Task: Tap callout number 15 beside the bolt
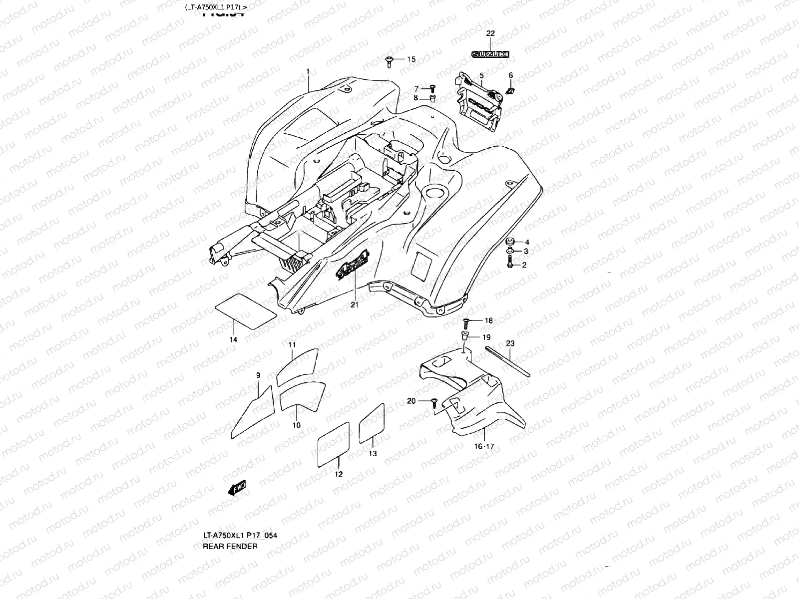(411, 59)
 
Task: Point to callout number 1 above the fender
(308, 72)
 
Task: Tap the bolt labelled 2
(510, 263)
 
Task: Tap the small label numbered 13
(372, 420)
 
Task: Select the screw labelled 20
(435, 402)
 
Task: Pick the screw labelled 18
(465, 321)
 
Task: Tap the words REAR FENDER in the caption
(230, 546)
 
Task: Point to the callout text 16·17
(483, 447)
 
